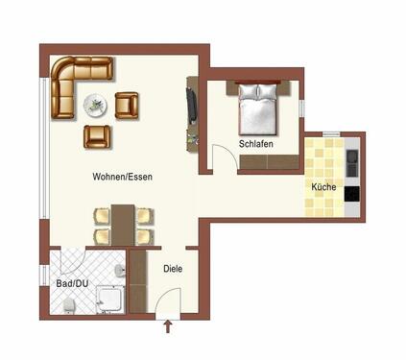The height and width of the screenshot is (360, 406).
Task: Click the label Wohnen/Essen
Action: point(122,177)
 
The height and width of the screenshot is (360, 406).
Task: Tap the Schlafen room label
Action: point(256,144)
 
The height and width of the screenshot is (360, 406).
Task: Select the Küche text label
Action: point(322,186)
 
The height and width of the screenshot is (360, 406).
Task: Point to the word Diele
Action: point(173,270)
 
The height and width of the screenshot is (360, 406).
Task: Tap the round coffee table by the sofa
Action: point(96,103)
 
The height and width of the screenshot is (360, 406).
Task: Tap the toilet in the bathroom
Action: point(69,305)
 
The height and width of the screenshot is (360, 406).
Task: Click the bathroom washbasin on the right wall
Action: point(119,272)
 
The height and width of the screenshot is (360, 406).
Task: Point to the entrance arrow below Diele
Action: point(169,328)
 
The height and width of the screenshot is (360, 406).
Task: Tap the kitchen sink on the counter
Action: point(351,156)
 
